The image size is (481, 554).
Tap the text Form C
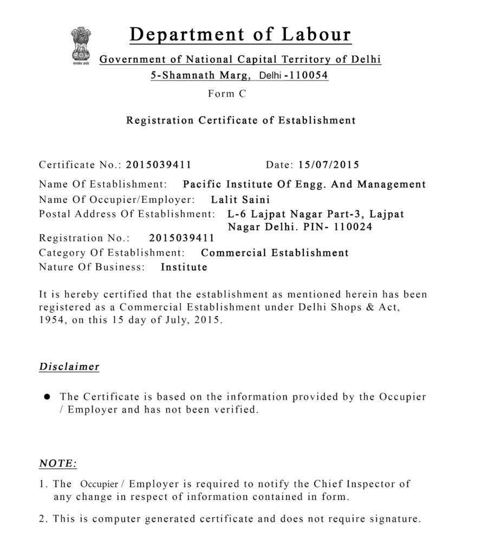(227, 94)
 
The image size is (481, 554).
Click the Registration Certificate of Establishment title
(240, 120)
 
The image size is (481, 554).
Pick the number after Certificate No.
(159, 164)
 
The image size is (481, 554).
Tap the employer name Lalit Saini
(240, 199)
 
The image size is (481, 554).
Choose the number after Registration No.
(181, 238)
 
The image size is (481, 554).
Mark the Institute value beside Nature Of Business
(184, 267)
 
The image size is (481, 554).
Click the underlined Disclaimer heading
(69, 367)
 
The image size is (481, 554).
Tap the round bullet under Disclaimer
(47, 397)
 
